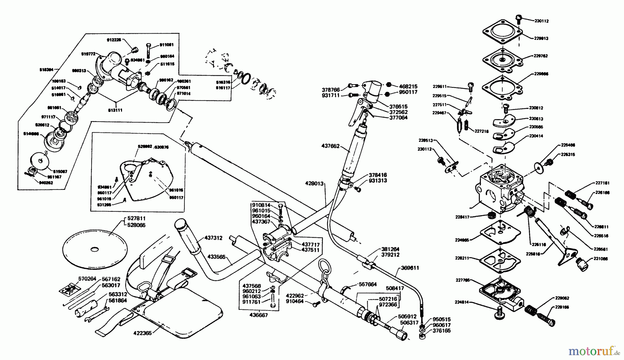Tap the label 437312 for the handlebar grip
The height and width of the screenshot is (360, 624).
coord(214,238)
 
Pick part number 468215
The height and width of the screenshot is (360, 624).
coord(408,86)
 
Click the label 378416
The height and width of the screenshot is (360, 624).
coord(378,175)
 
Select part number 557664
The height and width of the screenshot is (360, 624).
coord(367,284)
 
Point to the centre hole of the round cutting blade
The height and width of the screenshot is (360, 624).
coord(94,249)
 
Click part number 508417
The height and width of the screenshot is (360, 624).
coord(395,287)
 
